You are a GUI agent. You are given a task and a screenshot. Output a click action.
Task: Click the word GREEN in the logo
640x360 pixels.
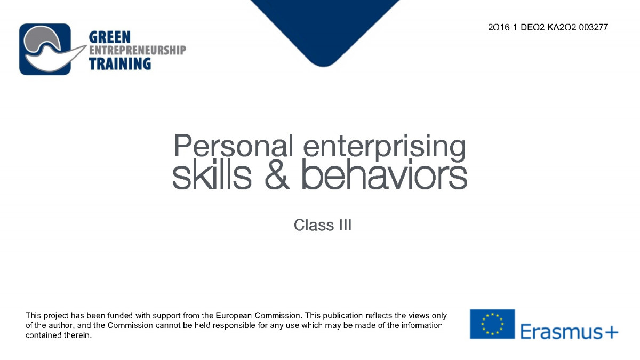pos(110,37)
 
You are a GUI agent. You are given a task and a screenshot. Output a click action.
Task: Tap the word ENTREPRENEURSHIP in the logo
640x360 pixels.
pos(138,50)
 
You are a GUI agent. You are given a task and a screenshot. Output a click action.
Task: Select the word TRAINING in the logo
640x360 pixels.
pos(119,63)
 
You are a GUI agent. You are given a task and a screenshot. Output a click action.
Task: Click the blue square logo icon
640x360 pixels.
pos(45,49)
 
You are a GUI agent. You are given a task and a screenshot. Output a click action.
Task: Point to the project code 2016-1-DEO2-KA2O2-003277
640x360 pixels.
pos(548,27)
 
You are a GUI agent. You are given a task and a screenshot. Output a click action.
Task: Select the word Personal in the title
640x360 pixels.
pos(234,146)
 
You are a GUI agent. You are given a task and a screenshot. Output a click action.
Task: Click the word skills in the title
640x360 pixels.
pos(212,175)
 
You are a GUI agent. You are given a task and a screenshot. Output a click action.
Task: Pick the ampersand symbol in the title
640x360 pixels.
pos(277,175)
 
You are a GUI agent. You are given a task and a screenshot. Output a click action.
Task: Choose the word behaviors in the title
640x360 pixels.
pos(385,175)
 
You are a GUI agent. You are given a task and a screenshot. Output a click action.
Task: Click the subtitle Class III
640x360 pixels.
pos(323,225)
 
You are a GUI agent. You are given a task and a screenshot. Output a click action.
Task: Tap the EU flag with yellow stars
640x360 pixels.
pos(492,324)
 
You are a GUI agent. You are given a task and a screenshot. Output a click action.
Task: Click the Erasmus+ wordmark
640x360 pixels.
pos(569,331)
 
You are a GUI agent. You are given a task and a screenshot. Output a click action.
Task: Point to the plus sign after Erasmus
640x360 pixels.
pos(611,333)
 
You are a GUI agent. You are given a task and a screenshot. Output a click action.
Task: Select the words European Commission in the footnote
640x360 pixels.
pos(258,315)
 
